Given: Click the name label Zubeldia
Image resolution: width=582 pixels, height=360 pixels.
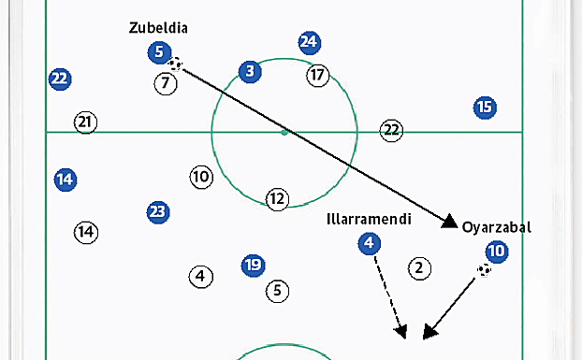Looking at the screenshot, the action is coord(158,28).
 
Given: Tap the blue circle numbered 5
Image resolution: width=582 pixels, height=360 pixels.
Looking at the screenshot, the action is coord(158,53).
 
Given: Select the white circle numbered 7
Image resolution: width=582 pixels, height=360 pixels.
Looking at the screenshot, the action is coord(165,83).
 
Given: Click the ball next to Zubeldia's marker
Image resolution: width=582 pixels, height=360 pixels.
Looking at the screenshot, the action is coord(177,65).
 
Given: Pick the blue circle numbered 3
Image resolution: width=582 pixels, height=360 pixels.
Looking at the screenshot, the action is coord(249,71).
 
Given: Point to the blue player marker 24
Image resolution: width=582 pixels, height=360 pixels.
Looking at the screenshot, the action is coord(310,42).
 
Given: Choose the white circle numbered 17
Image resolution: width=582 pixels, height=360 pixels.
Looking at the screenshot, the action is coord(317,75).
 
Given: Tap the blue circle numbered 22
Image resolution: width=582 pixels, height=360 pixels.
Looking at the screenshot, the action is coord(60,79).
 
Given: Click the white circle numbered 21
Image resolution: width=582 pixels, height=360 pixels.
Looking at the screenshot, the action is coord(86,122).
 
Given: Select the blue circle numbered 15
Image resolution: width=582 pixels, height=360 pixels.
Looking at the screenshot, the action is coord(484,108).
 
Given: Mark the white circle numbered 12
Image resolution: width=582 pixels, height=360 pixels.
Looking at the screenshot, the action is coord(277,198).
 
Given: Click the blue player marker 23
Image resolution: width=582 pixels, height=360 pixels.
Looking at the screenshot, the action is coord(158,212).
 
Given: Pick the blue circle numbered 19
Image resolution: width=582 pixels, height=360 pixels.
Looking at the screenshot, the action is coord(252,265).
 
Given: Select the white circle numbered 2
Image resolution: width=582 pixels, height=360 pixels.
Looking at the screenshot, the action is coord(420,268).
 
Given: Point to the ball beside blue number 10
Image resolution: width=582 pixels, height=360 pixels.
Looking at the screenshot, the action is coord(484,270).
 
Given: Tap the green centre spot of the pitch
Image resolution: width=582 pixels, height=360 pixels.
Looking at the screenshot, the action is coord(284,132).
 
